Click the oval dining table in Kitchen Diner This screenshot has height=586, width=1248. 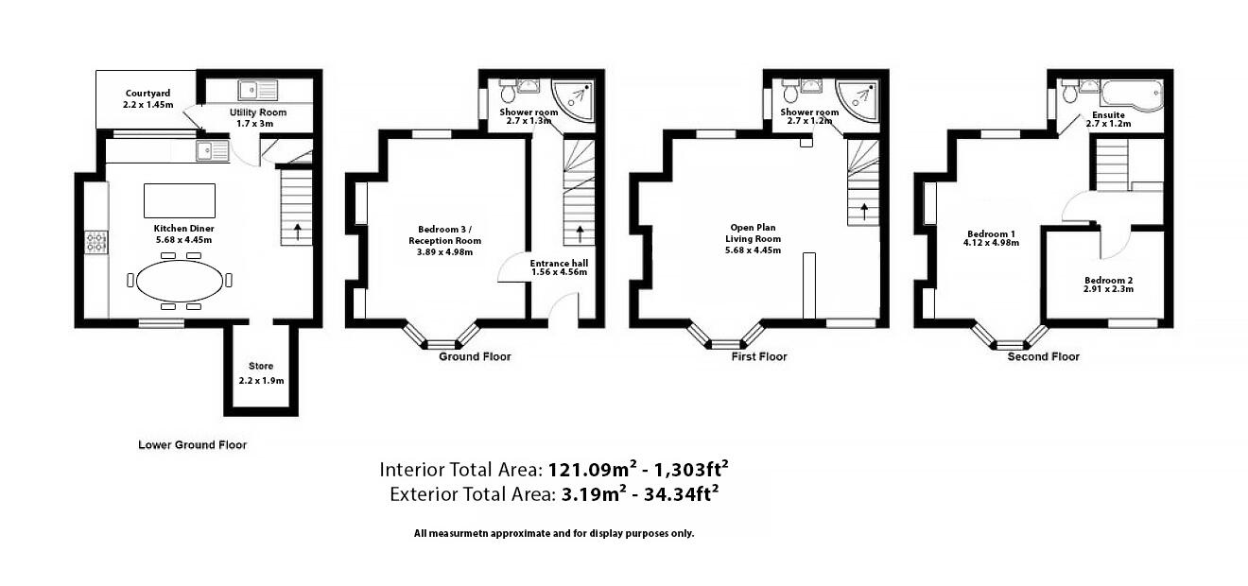point(179,281)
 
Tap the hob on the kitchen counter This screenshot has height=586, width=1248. point(95,242)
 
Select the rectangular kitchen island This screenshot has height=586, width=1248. point(180,200)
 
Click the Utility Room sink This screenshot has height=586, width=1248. point(257,90)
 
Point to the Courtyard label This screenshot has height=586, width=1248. point(147,94)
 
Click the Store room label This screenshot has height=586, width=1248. point(261,366)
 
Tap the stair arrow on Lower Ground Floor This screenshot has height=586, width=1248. point(297,232)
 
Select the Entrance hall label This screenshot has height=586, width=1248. point(559,264)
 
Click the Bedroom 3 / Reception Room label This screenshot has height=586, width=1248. point(444,235)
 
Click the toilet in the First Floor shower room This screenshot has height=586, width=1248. point(790,91)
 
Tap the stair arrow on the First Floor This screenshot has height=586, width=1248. point(864,212)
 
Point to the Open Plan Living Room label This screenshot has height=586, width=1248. point(753,233)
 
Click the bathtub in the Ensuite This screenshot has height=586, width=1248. point(1132,95)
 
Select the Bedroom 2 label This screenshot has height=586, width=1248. point(1108,280)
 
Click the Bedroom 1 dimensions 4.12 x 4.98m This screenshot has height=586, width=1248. point(991,243)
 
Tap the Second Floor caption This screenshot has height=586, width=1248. point(1043,356)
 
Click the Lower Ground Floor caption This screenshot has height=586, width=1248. point(192,444)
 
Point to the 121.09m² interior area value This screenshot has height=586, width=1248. point(592,469)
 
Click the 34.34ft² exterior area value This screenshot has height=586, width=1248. point(681,493)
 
